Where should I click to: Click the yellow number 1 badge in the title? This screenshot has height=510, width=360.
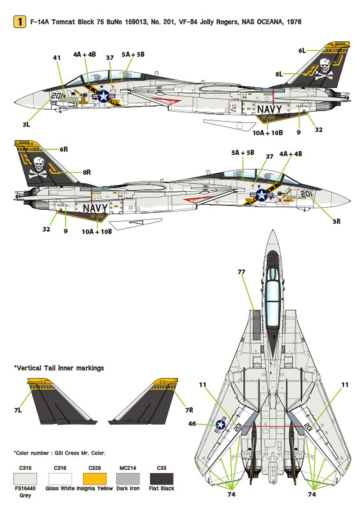(20, 22)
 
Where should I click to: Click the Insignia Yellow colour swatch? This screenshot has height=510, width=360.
(95, 479)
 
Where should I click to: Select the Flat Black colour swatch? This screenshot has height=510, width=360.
(161, 479)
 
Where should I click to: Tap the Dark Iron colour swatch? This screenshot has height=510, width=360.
(128, 479)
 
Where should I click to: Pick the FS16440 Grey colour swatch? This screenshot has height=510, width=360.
(25, 479)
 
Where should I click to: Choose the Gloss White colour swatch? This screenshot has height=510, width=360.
(60, 479)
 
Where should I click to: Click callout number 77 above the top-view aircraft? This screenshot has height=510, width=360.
(241, 272)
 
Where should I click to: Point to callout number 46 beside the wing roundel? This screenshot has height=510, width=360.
(192, 424)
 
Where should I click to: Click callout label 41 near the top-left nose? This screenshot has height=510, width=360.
(57, 58)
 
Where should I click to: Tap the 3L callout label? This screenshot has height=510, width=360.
(26, 124)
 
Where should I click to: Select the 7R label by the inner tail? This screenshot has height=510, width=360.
(189, 410)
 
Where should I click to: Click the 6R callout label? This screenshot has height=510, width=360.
(64, 149)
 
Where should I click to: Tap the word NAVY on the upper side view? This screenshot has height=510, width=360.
(269, 109)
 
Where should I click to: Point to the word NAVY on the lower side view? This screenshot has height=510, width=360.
(95, 208)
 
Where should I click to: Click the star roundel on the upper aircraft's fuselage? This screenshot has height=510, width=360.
(104, 96)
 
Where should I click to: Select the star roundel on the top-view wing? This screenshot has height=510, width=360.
(220, 425)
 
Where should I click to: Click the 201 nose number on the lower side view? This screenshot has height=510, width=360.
(306, 194)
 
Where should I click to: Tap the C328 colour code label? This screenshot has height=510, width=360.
(95, 468)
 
